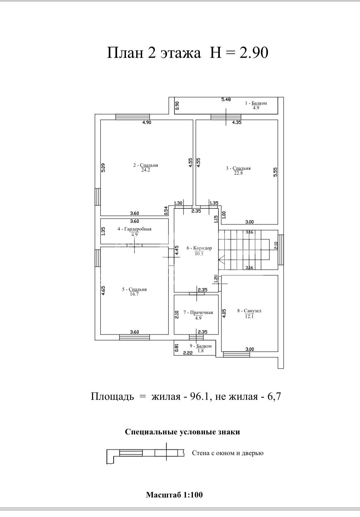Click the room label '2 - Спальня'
pos(146,165)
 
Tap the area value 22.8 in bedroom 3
pos(238,173)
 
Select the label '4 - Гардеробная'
pos(134,229)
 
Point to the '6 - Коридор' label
pos(199,248)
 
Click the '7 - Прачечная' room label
pos(198,312)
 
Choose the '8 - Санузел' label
pos(249,311)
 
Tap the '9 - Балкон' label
pos(201,346)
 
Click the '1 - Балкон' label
pos(256,103)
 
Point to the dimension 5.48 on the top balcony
pos(226,99)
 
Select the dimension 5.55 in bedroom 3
pos(275,172)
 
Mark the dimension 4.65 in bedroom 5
pos(103,291)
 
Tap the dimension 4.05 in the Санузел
pos(224,314)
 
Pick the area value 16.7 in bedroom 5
pos(134,294)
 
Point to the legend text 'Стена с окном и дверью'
pos(228,453)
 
